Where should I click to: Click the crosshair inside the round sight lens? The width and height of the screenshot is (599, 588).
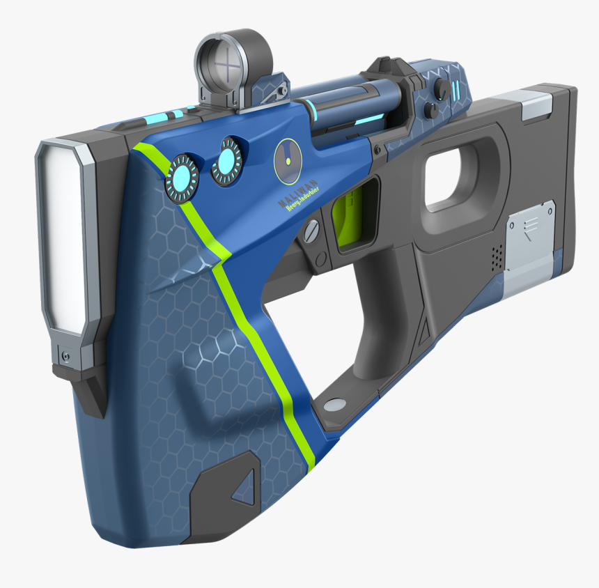[x=227, y=68]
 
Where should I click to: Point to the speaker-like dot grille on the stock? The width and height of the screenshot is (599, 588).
[x=495, y=256]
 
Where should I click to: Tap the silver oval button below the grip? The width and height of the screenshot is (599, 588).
[x=335, y=403]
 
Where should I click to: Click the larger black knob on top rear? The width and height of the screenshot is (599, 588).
[x=442, y=88]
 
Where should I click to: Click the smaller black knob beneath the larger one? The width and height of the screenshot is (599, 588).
[x=433, y=109]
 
